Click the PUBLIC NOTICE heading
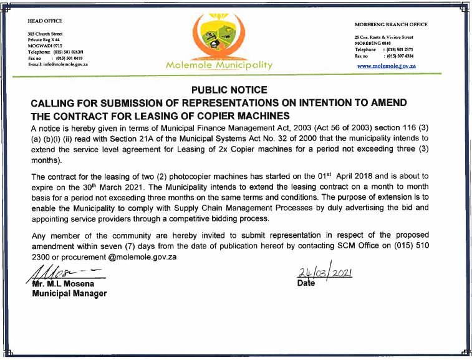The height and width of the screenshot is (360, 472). (x=229, y=90)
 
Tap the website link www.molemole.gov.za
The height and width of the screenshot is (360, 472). (x=387, y=66)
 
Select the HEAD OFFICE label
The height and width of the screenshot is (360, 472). (x=46, y=21)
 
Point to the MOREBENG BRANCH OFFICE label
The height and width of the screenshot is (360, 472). (x=392, y=25)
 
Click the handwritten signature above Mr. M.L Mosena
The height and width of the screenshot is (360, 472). (x=62, y=273)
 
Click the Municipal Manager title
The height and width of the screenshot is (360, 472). (x=69, y=293)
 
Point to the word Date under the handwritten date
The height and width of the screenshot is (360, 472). (x=307, y=283)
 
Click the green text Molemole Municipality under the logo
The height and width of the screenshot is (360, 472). (x=219, y=65)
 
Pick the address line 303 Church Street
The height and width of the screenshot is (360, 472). (x=45, y=34)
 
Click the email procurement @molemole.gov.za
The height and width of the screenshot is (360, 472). (x=125, y=257)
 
